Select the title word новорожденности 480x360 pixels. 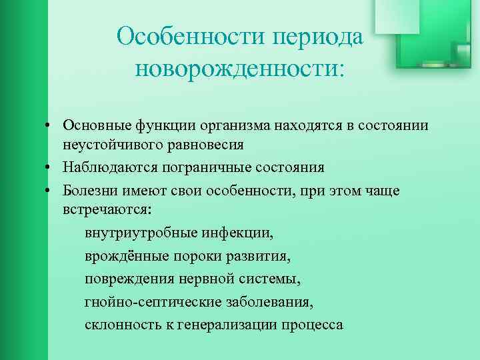[238, 67]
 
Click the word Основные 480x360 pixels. [93, 125]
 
